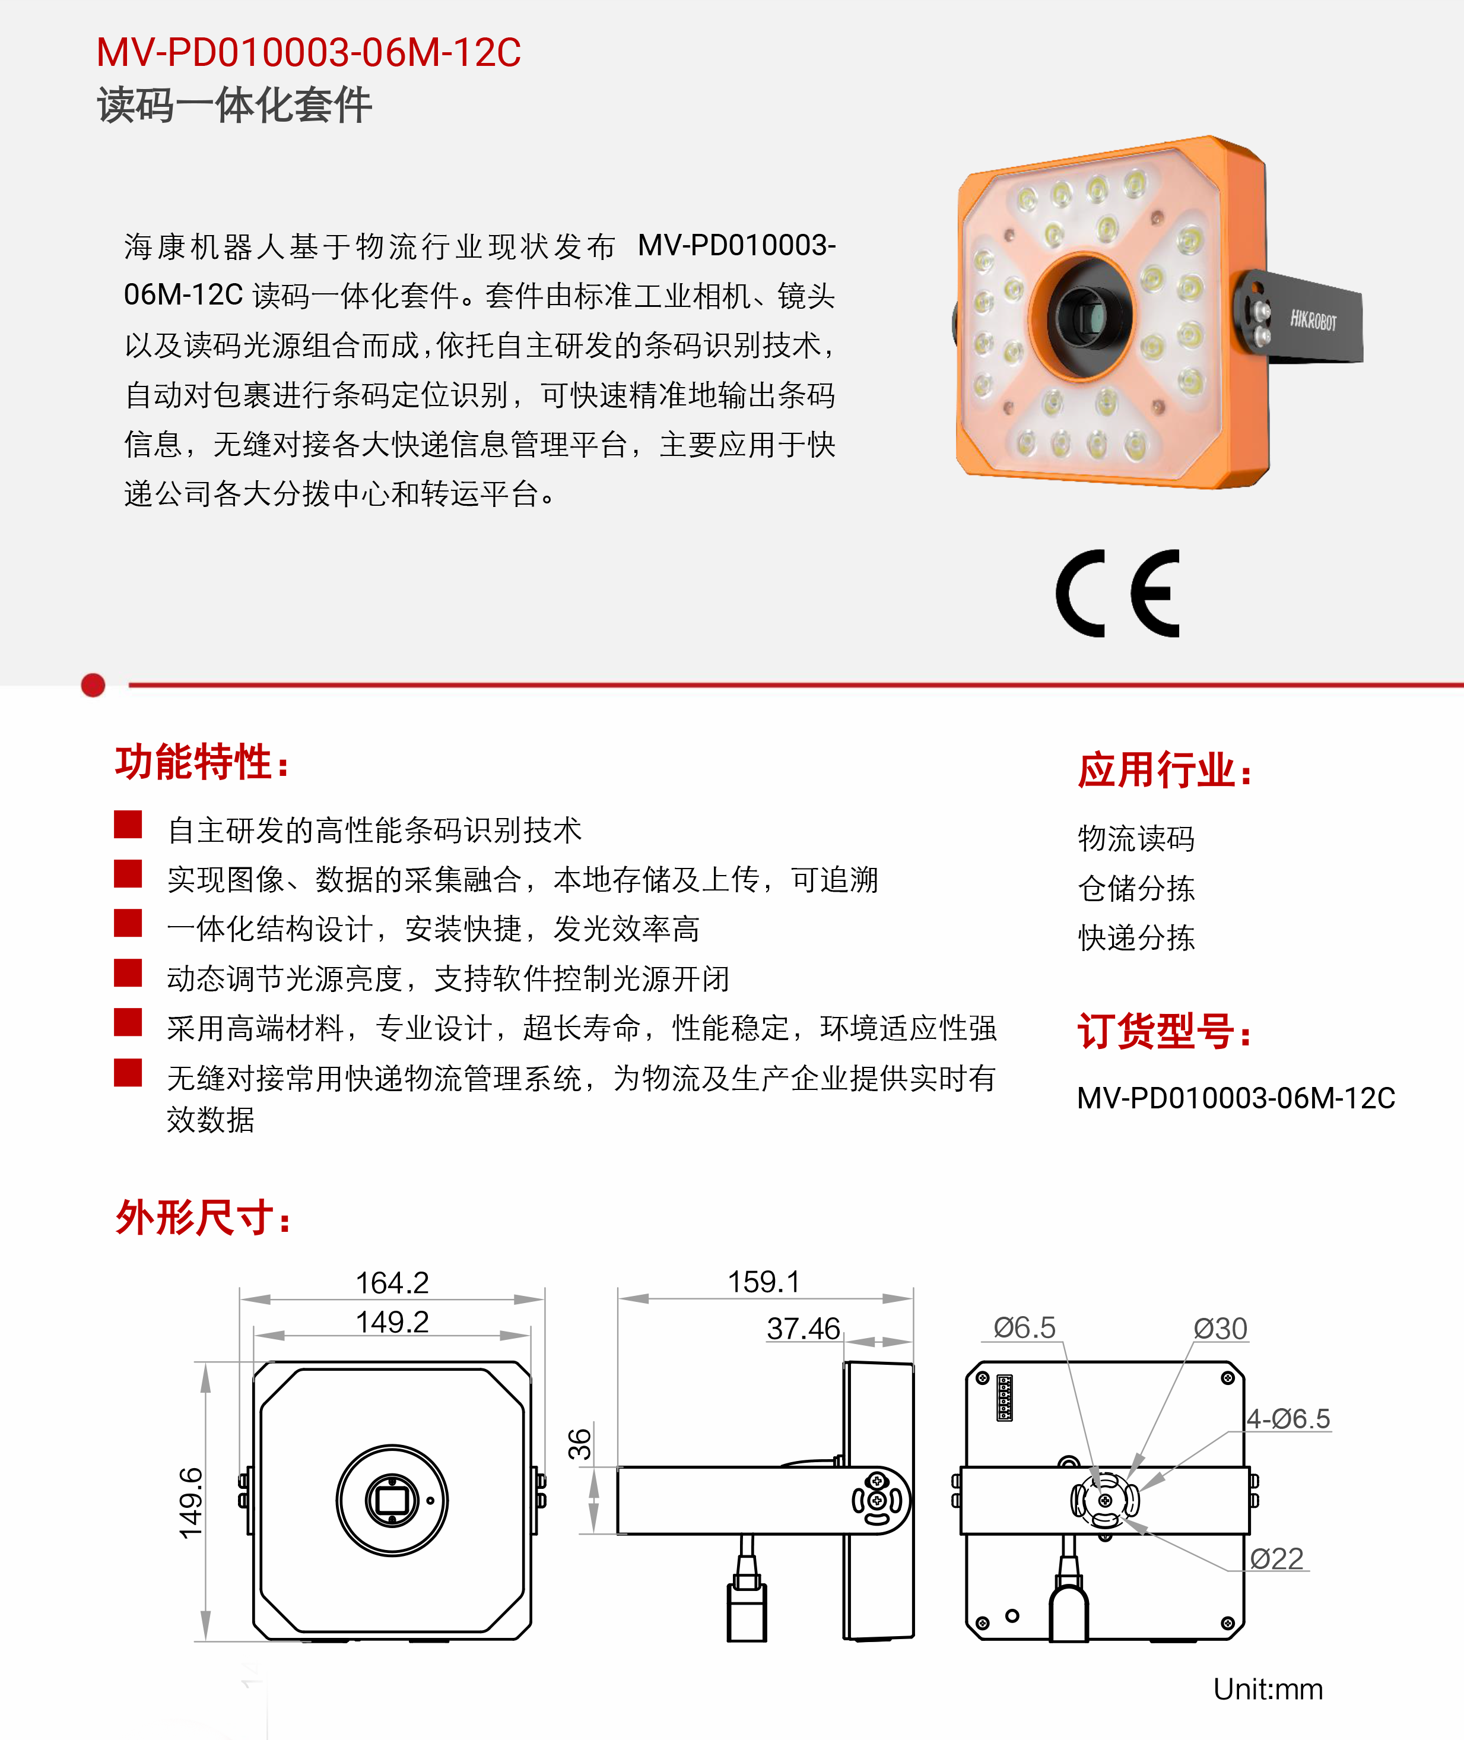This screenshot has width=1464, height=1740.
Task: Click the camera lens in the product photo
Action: [1087, 315]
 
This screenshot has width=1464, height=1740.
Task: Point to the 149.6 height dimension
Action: [191, 1503]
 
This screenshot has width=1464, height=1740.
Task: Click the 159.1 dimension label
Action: [764, 1282]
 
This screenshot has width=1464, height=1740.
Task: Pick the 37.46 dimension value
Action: [804, 1328]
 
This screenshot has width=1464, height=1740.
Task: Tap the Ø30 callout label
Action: [1220, 1328]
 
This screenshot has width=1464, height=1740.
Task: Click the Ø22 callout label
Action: [1276, 1558]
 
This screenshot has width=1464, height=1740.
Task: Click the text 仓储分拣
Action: [1136, 888]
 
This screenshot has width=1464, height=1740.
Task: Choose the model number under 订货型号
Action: [1236, 1098]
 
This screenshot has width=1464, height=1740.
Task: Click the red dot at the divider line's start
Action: [93, 685]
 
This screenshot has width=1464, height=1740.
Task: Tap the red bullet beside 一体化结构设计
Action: [128, 923]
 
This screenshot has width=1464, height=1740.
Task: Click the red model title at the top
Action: [309, 52]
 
